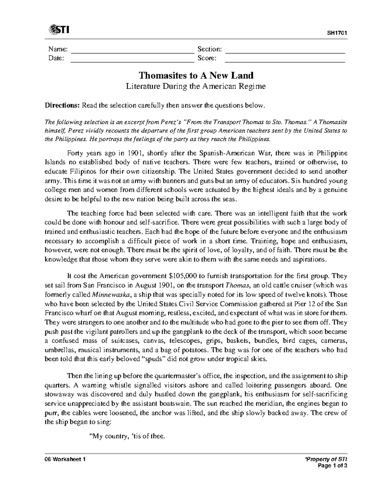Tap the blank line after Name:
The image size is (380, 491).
click(x=132, y=50)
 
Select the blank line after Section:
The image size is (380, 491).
click(x=285, y=50)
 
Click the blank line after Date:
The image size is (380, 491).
click(x=132, y=59)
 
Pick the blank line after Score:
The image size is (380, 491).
click(x=285, y=59)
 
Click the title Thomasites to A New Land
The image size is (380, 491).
click(x=196, y=76)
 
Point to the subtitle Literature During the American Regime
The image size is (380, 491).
click(x=196, y=86)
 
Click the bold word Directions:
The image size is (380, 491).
click(x=62, y=105)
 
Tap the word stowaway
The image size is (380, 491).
click(x=59, y=395)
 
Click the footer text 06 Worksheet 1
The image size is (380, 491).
click(x=65, y=459)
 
